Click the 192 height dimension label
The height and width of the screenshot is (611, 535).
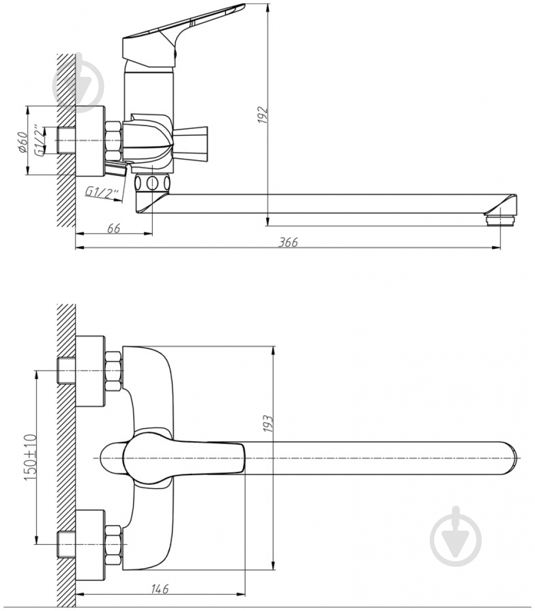tap(263, 114)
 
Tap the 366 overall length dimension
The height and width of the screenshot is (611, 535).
tap(288, 242)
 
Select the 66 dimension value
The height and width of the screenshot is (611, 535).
tap(113, 229)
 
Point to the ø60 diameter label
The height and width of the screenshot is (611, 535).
tap(23, 141)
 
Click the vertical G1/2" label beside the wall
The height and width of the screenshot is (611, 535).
tap(39, 141)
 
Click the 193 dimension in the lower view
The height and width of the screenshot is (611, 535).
tap(268, 424)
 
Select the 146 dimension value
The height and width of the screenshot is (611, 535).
tap(160, 589)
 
